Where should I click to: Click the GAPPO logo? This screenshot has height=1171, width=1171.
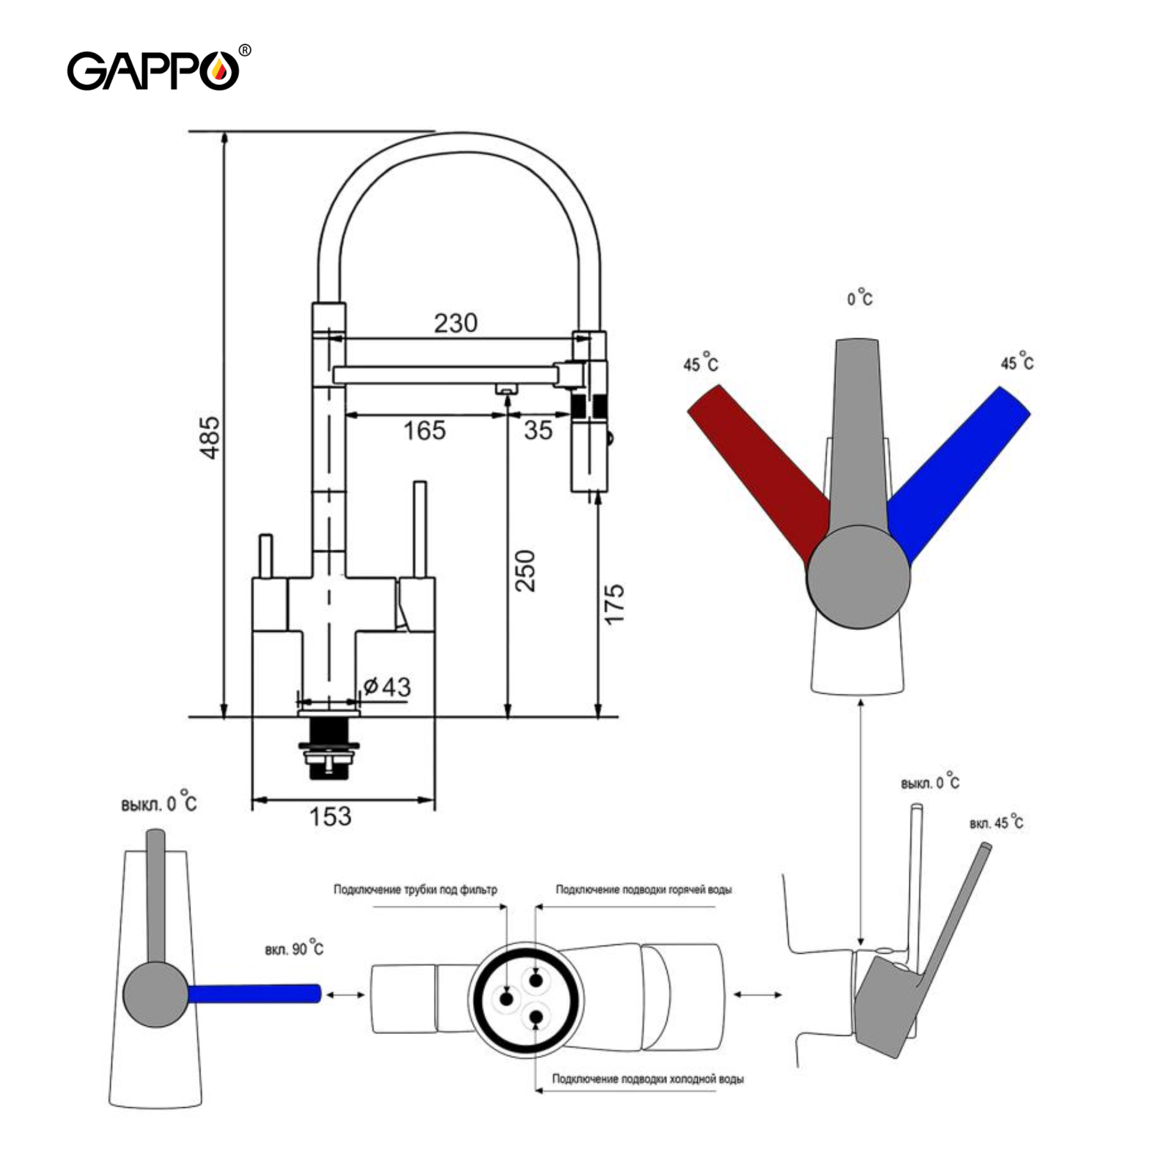pos(153,70)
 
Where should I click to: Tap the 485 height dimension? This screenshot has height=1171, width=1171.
pos(209,437)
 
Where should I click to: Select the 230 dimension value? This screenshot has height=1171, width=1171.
pos(455,323)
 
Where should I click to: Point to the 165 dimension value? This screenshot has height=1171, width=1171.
pos(424,430)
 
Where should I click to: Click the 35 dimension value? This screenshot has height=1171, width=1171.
pos(538,430)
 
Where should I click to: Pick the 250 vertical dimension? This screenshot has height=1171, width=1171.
pos(525,571)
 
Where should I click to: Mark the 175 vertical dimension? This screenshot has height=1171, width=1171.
pos(614,604)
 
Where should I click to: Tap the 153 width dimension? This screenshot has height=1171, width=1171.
pos(330,816)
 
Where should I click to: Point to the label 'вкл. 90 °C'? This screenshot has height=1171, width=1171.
pos(294,948)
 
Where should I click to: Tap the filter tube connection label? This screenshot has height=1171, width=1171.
pos(415,890)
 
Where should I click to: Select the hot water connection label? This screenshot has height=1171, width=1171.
pos(643,890)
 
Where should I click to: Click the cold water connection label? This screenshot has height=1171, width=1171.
pos(648,1079)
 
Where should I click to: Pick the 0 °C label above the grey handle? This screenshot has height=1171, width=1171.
pos(860,298)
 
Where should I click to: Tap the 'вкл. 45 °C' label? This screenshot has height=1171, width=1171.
pos(996,823)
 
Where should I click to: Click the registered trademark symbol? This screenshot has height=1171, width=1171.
pos(245,51)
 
